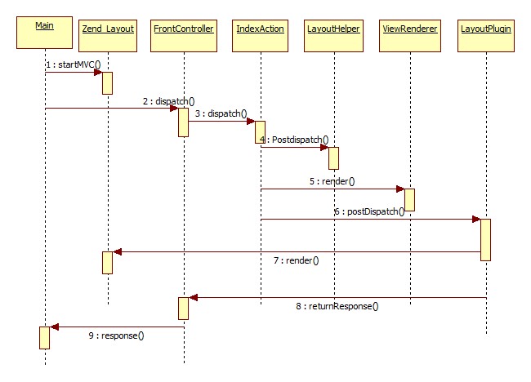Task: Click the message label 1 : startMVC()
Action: tap(73, 64)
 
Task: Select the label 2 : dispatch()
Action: tap(168, 101)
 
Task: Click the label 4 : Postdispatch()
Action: tap(293, 140)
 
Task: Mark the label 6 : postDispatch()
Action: tap(368, 211)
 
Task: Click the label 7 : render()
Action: tap(295, 260)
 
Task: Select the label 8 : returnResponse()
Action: tap(337, 306)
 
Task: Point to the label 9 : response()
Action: tap(116, 335)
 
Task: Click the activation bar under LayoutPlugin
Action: tap(485, 239)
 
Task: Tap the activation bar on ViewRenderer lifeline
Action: tap(409, 200)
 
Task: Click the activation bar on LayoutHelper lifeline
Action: tap(333, 158)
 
